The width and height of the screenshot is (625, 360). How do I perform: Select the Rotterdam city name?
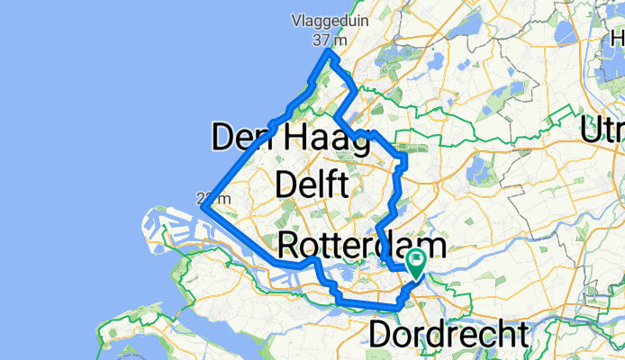click(x=362, y=245)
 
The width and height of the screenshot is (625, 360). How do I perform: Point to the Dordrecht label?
click(x=448, y=335)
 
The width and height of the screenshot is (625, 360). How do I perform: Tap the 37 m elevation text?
click(x=328, y=40)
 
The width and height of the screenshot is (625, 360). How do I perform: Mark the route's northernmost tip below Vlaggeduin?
click(x=329, y=53)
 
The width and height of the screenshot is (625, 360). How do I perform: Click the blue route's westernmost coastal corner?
click(x=204, y=209)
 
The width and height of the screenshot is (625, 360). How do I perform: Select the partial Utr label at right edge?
click(x=603, y=130)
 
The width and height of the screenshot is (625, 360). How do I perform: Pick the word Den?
click(x=241, y=139)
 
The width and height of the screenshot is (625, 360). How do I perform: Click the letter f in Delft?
click(x=332, y=185)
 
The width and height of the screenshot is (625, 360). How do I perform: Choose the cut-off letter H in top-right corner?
click(x=617, y=40)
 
